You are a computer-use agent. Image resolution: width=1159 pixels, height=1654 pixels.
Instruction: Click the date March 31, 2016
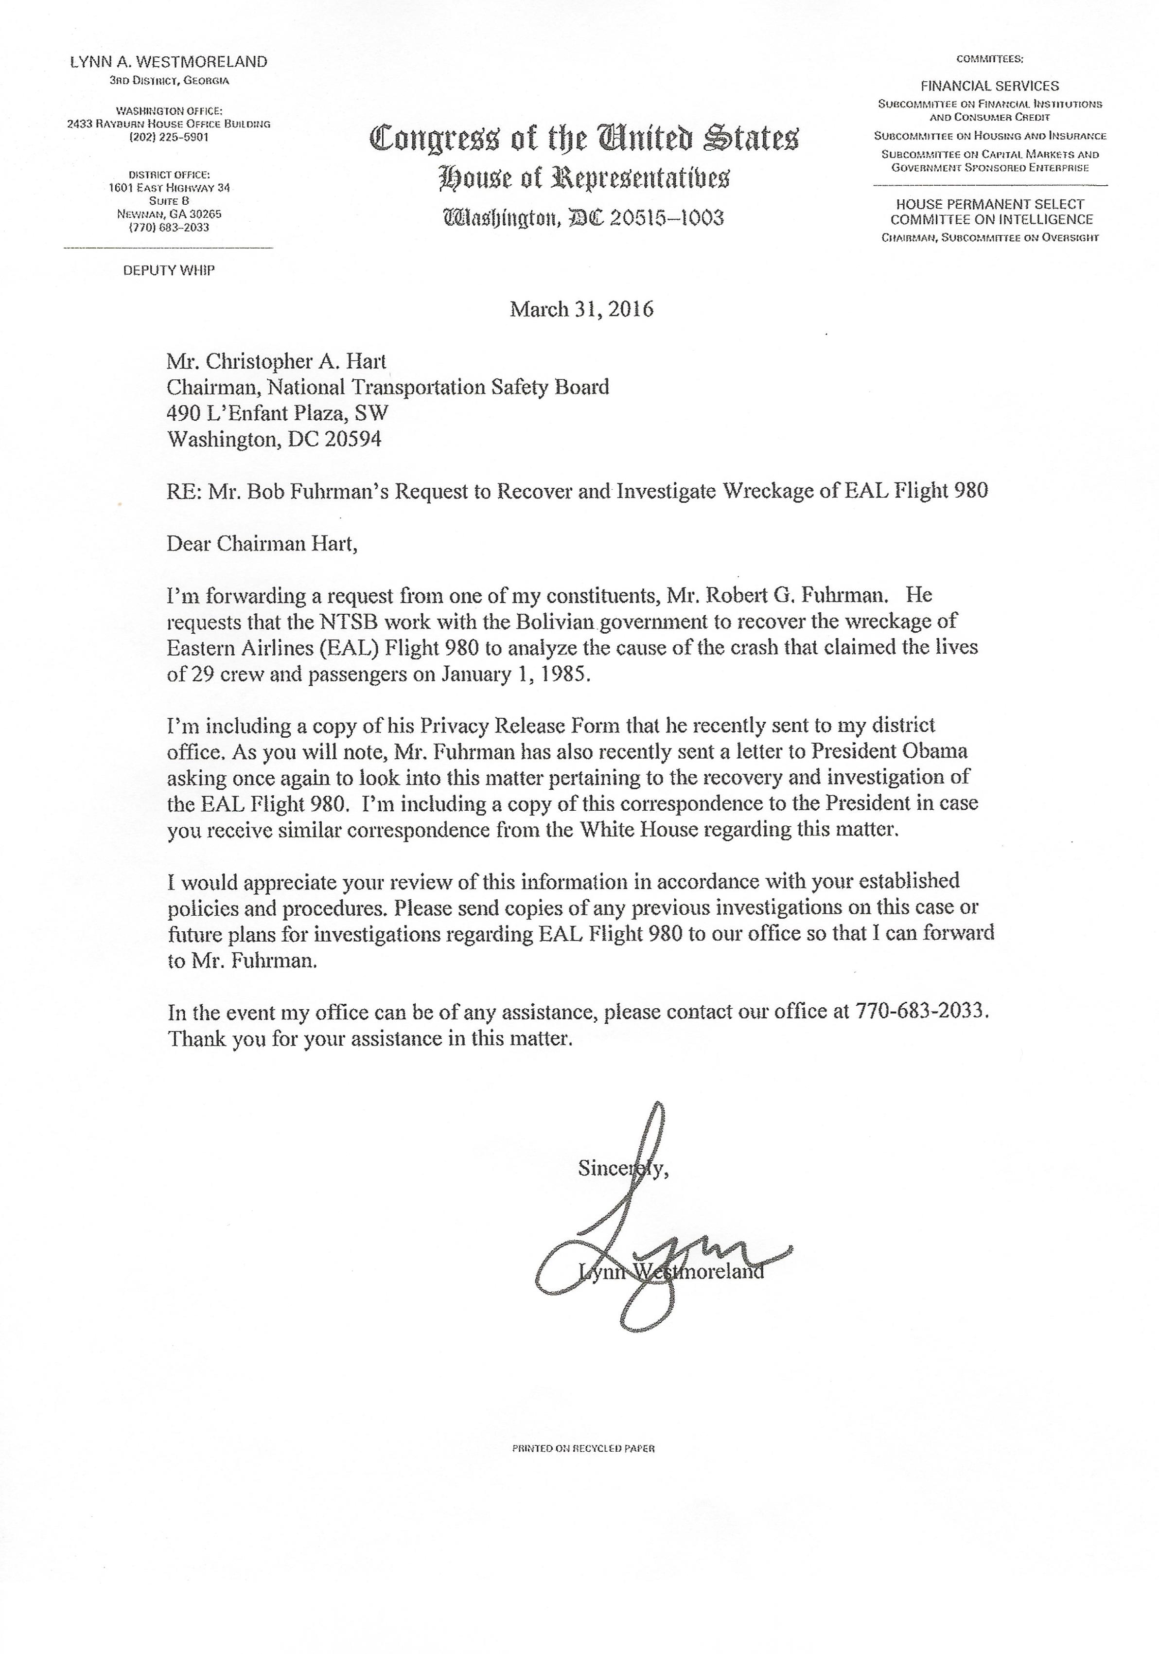[581, 310]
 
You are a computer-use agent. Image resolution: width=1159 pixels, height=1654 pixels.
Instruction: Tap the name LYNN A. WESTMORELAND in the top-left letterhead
[169, 62]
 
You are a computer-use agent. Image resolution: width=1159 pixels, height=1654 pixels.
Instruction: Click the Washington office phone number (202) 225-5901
[169, 137]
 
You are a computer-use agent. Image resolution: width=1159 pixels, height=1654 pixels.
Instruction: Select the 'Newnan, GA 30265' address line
[169, 214]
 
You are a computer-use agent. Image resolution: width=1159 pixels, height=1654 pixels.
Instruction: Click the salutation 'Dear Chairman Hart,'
[262, 543]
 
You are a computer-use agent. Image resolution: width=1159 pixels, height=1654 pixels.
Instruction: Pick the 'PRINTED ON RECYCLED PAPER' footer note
[583, 1448]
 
